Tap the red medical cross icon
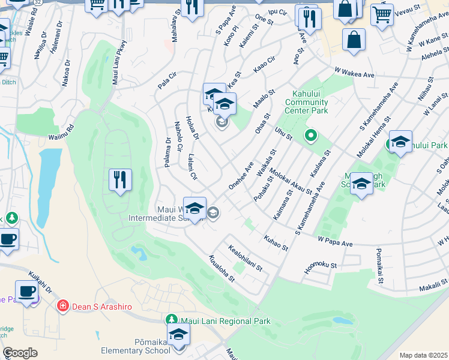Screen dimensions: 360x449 coord(62,307)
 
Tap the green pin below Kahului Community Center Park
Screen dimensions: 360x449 coord(310,136)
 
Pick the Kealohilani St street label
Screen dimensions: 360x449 coord(246,258)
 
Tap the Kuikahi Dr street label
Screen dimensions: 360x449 coord(40,288)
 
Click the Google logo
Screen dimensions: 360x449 coord(20,353)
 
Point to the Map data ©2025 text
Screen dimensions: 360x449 coord(423,355)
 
